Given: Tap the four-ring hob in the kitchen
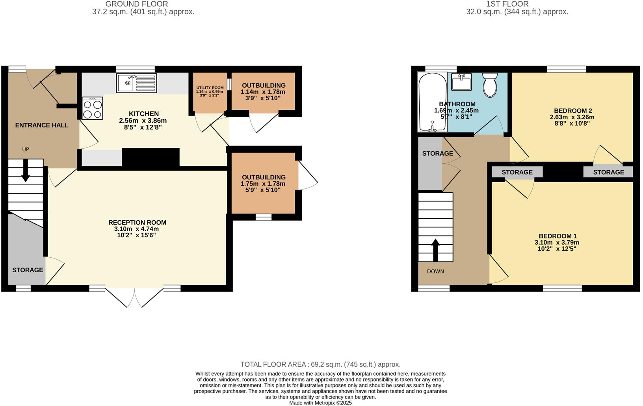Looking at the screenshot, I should point(93,108).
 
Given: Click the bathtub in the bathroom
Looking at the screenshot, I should point(432,102).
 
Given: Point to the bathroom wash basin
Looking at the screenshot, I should point(462,82).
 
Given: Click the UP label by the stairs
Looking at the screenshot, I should point(26,149).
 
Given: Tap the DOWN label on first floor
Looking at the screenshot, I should point(435,271).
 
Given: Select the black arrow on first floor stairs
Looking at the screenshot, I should point(435,250).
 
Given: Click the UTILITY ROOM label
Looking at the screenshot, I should point(210,88).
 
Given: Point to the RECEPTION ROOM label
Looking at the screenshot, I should point(137,223).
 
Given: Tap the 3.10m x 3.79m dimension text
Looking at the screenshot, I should point(557,243).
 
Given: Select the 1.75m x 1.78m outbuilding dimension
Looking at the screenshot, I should point(263,184).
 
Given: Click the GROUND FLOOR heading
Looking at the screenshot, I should point(137,4).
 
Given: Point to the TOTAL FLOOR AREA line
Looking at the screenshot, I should point(320,365).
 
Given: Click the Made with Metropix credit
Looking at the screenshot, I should point(320,403).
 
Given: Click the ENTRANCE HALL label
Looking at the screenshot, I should point(42,125).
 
